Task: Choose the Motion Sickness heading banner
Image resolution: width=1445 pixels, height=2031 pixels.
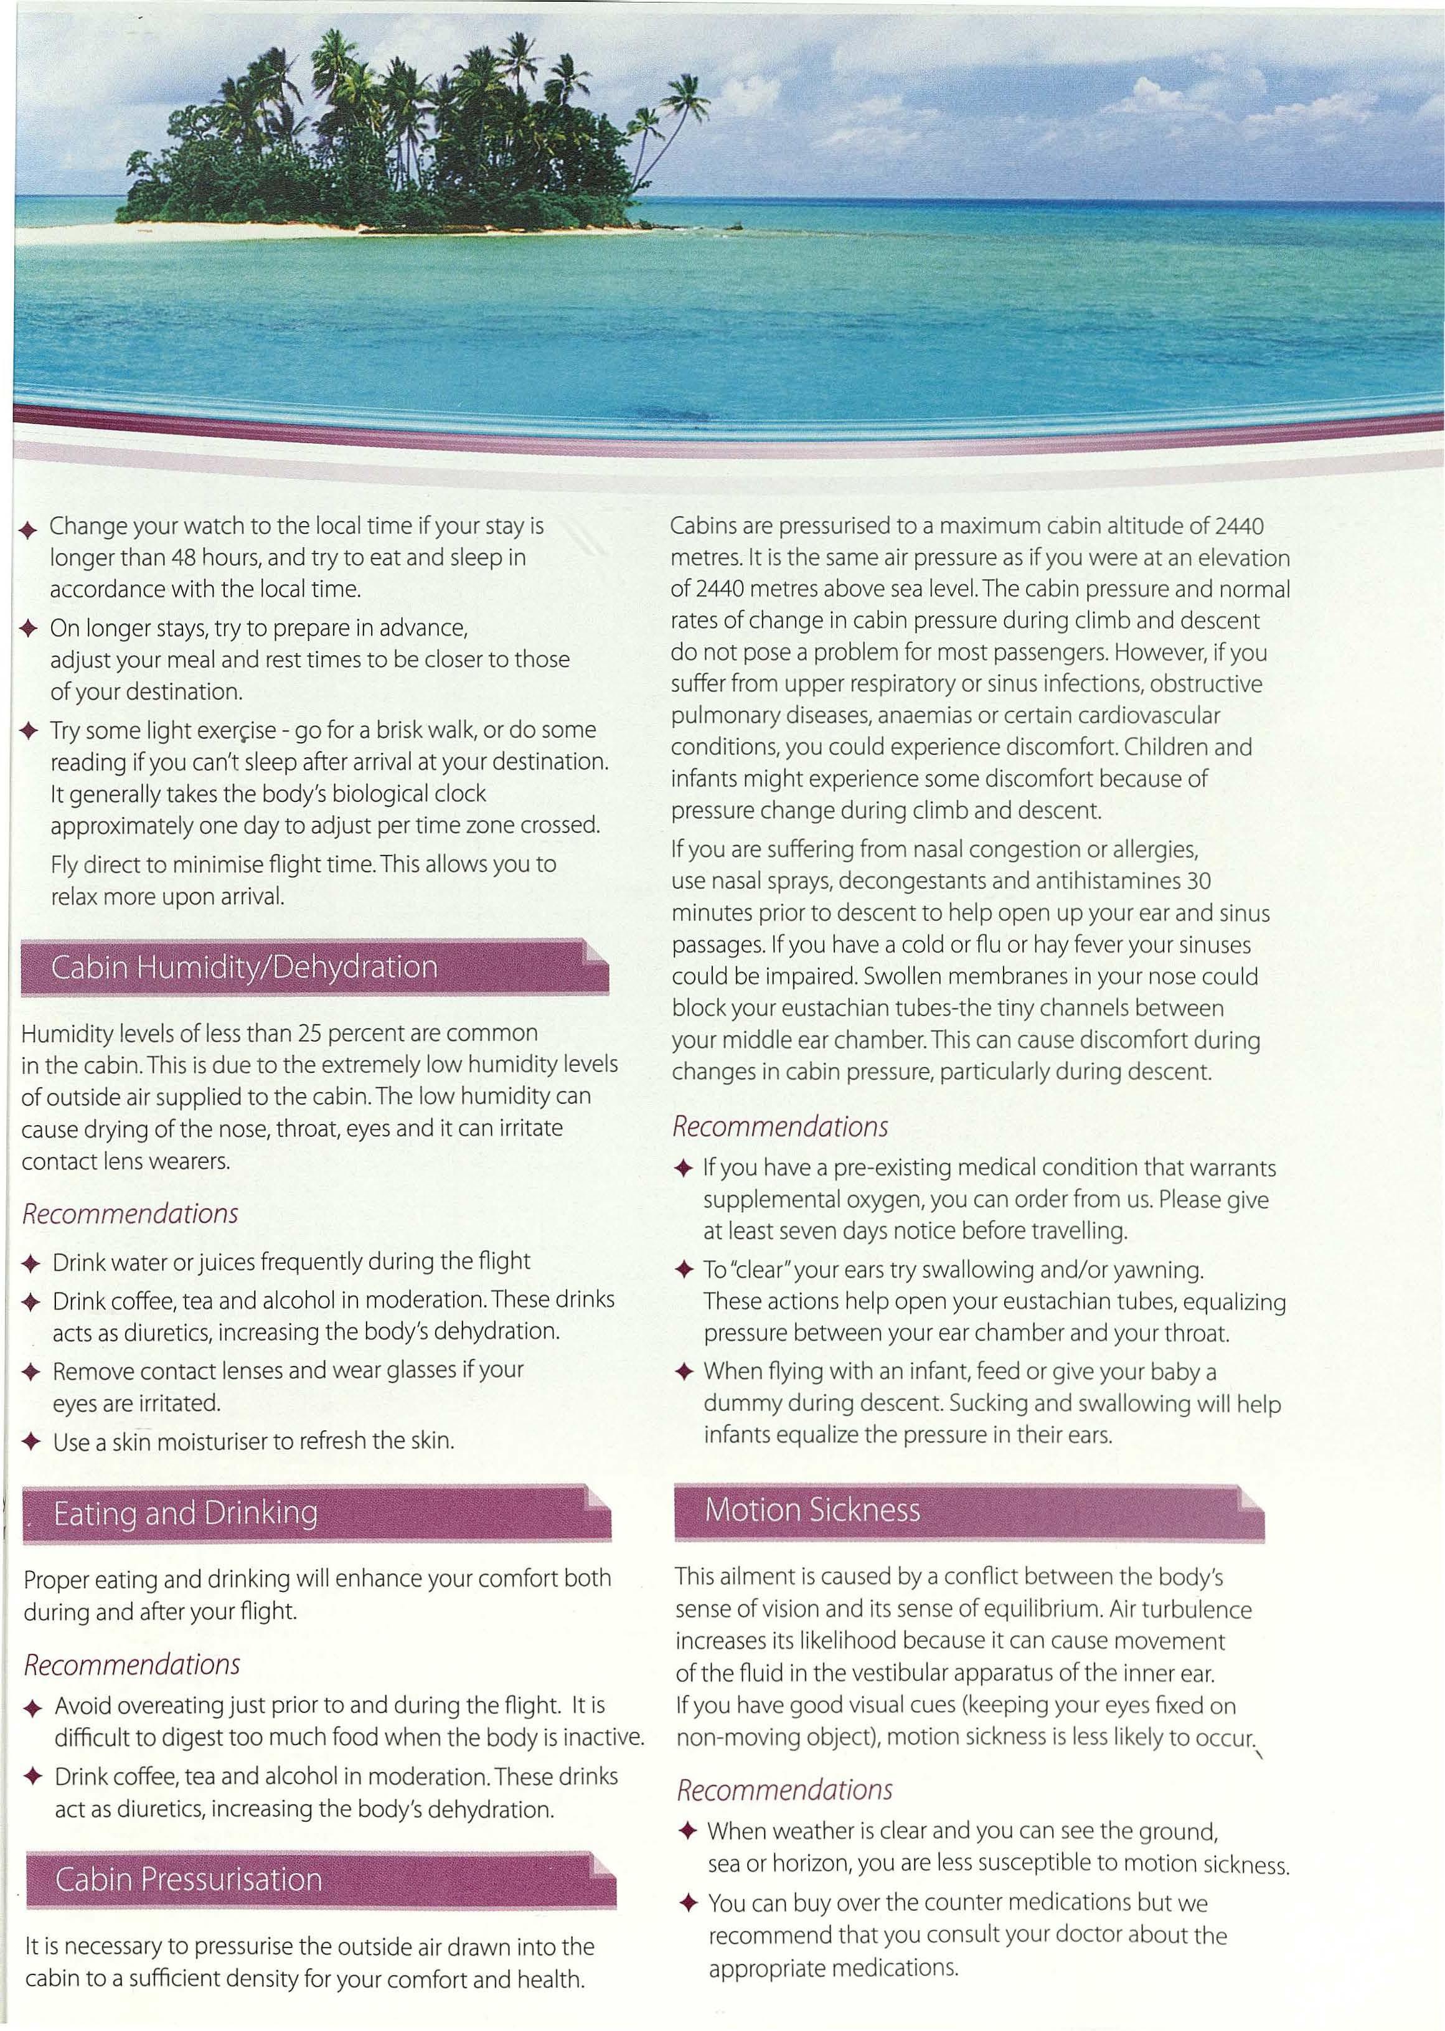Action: coord(966,1510)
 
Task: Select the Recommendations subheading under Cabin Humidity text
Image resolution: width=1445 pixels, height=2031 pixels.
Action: coord(130,1213)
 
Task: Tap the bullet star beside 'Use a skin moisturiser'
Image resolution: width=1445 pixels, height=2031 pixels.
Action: coord(31,1442)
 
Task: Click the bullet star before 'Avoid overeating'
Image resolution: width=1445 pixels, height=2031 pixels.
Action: coord(33,1708)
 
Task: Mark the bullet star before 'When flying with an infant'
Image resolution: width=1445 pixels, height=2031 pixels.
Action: coord(684,1373)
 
